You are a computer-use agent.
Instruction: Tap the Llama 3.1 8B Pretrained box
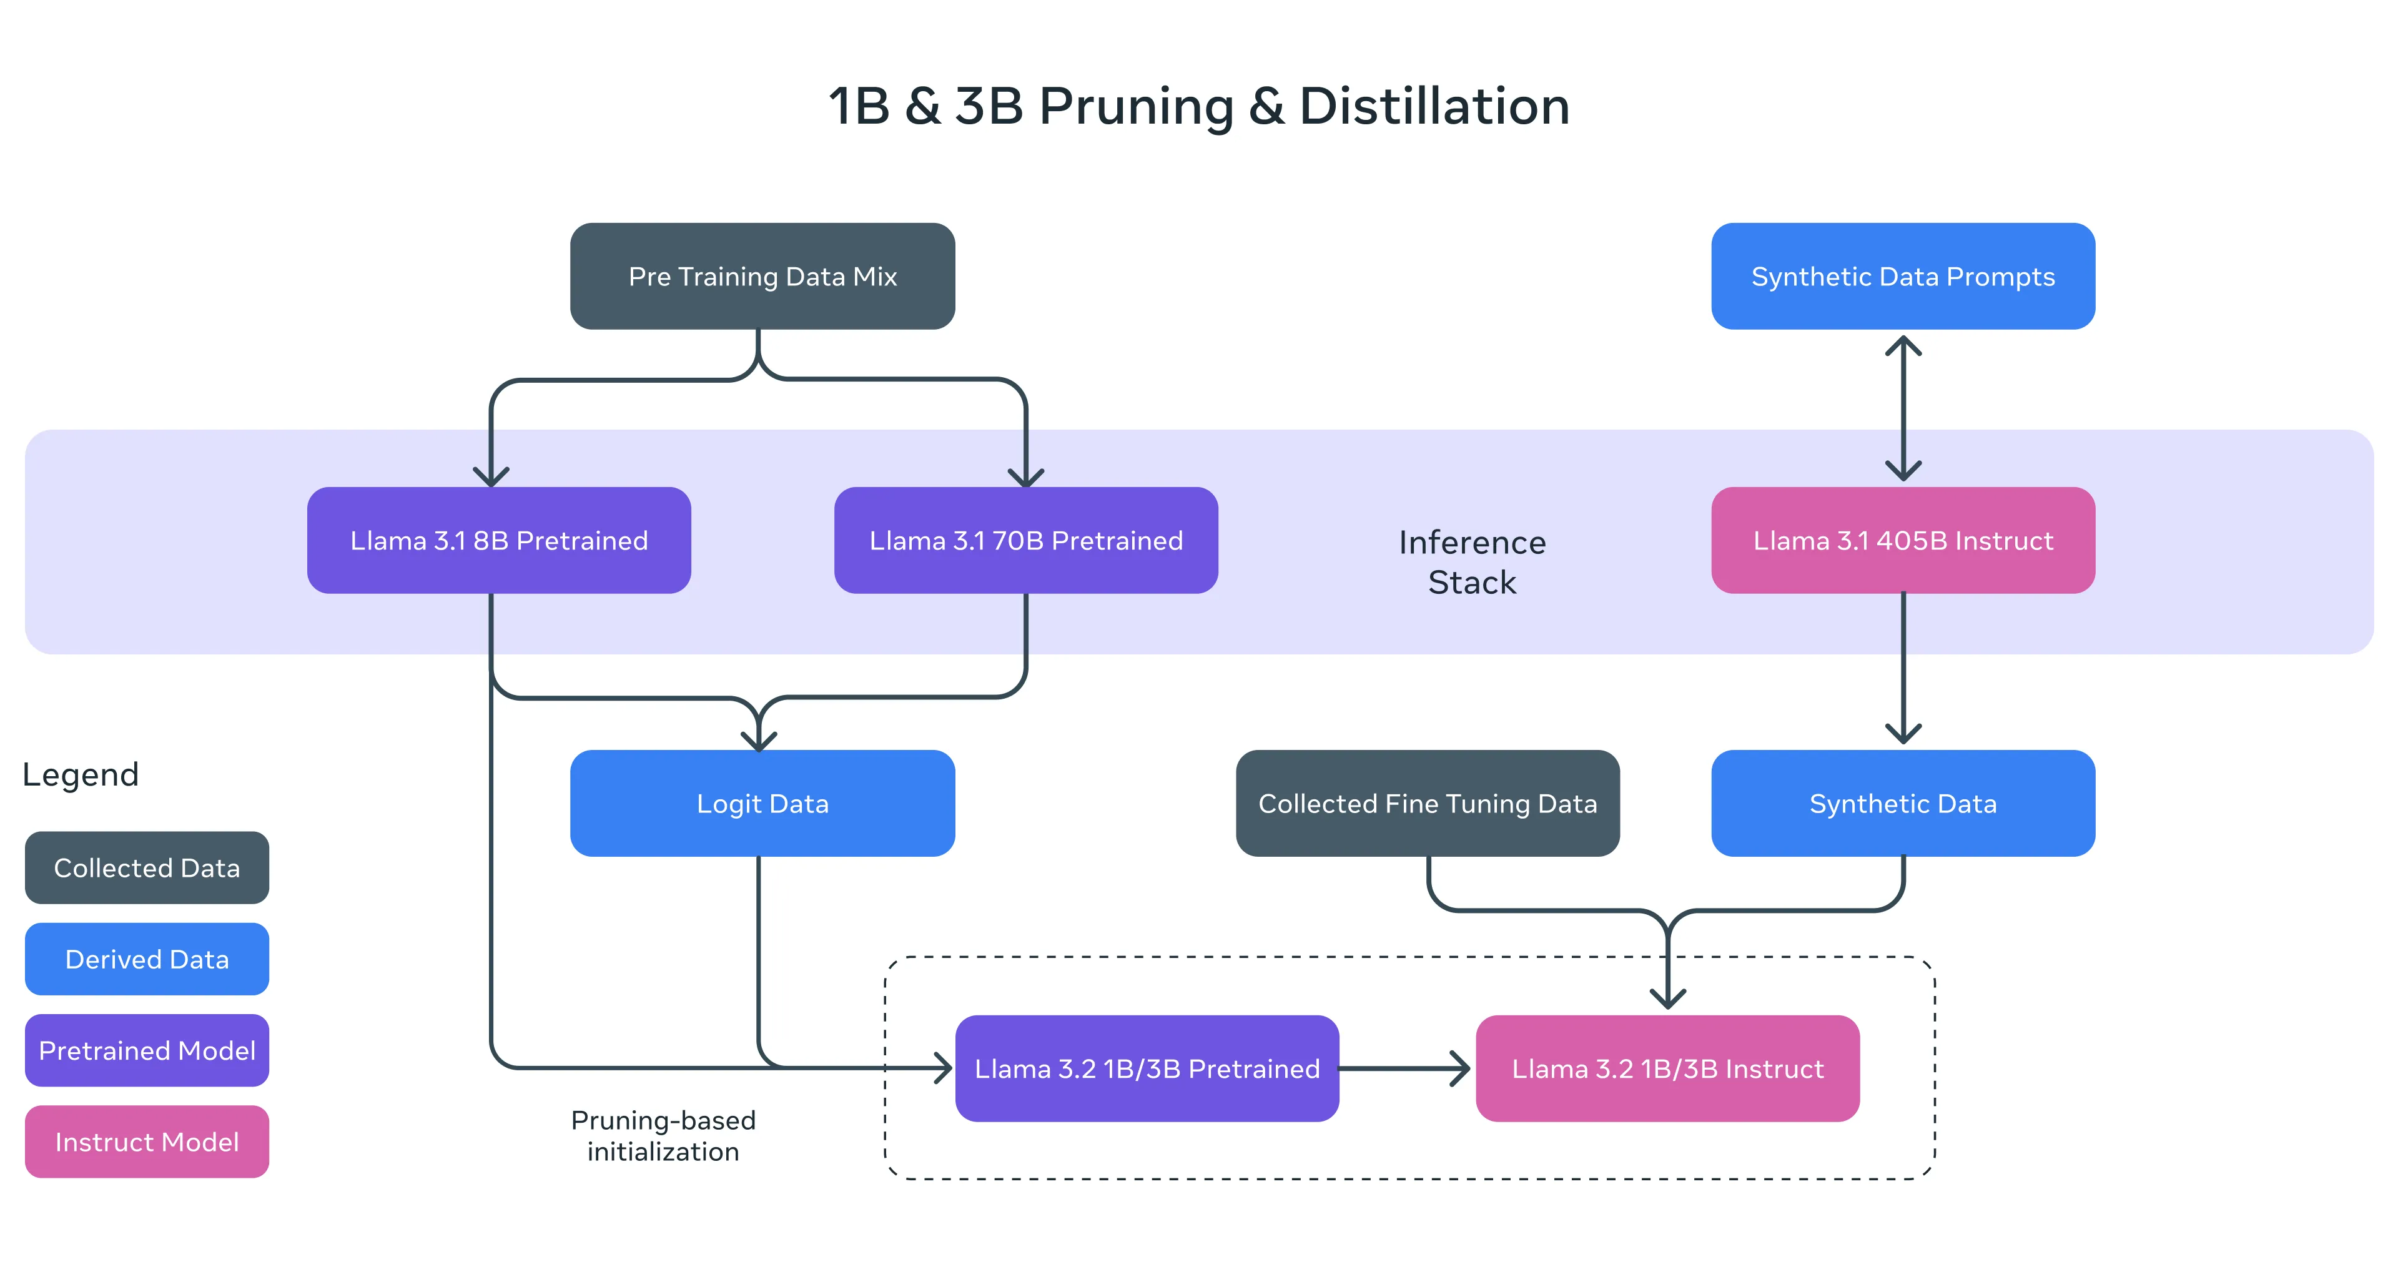pyautogui.click(x=499, y=540)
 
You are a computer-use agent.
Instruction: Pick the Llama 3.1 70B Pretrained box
pyautogui.click(x=1026, y=540)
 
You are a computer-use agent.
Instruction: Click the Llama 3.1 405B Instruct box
pyautogui.click(x=1903, y=540)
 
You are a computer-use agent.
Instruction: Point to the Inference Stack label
pyautogui.click(x=1472, y=561)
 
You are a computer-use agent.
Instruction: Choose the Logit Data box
pyautogui.click(x=762, y=804)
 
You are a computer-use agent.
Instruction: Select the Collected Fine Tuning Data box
pyautogui.click(x=1427, y=804)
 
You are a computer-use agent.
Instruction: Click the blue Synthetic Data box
pyautogui.click(x=1903, y=804)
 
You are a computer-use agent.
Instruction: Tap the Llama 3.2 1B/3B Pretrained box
pyautogui.click(x=1147, y=1068)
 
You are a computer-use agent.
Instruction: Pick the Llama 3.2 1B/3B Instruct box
pyautogui.click(x=1667, y=1068)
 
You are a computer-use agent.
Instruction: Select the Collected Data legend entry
pyautogui.click(x=147, y=867)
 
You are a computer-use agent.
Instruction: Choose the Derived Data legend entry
pyautogui.click(x=147, y=959)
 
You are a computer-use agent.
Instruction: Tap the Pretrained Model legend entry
pyautogui.click(x=147, y=1050)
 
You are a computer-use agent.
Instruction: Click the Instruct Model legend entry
pyautogui.click(x=147, y=1141)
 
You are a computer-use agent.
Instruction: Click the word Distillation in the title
pyautogui.click(x=1434, y=106)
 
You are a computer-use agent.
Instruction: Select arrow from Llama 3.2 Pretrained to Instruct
pyautogui.click(x=1406, y=1068)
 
